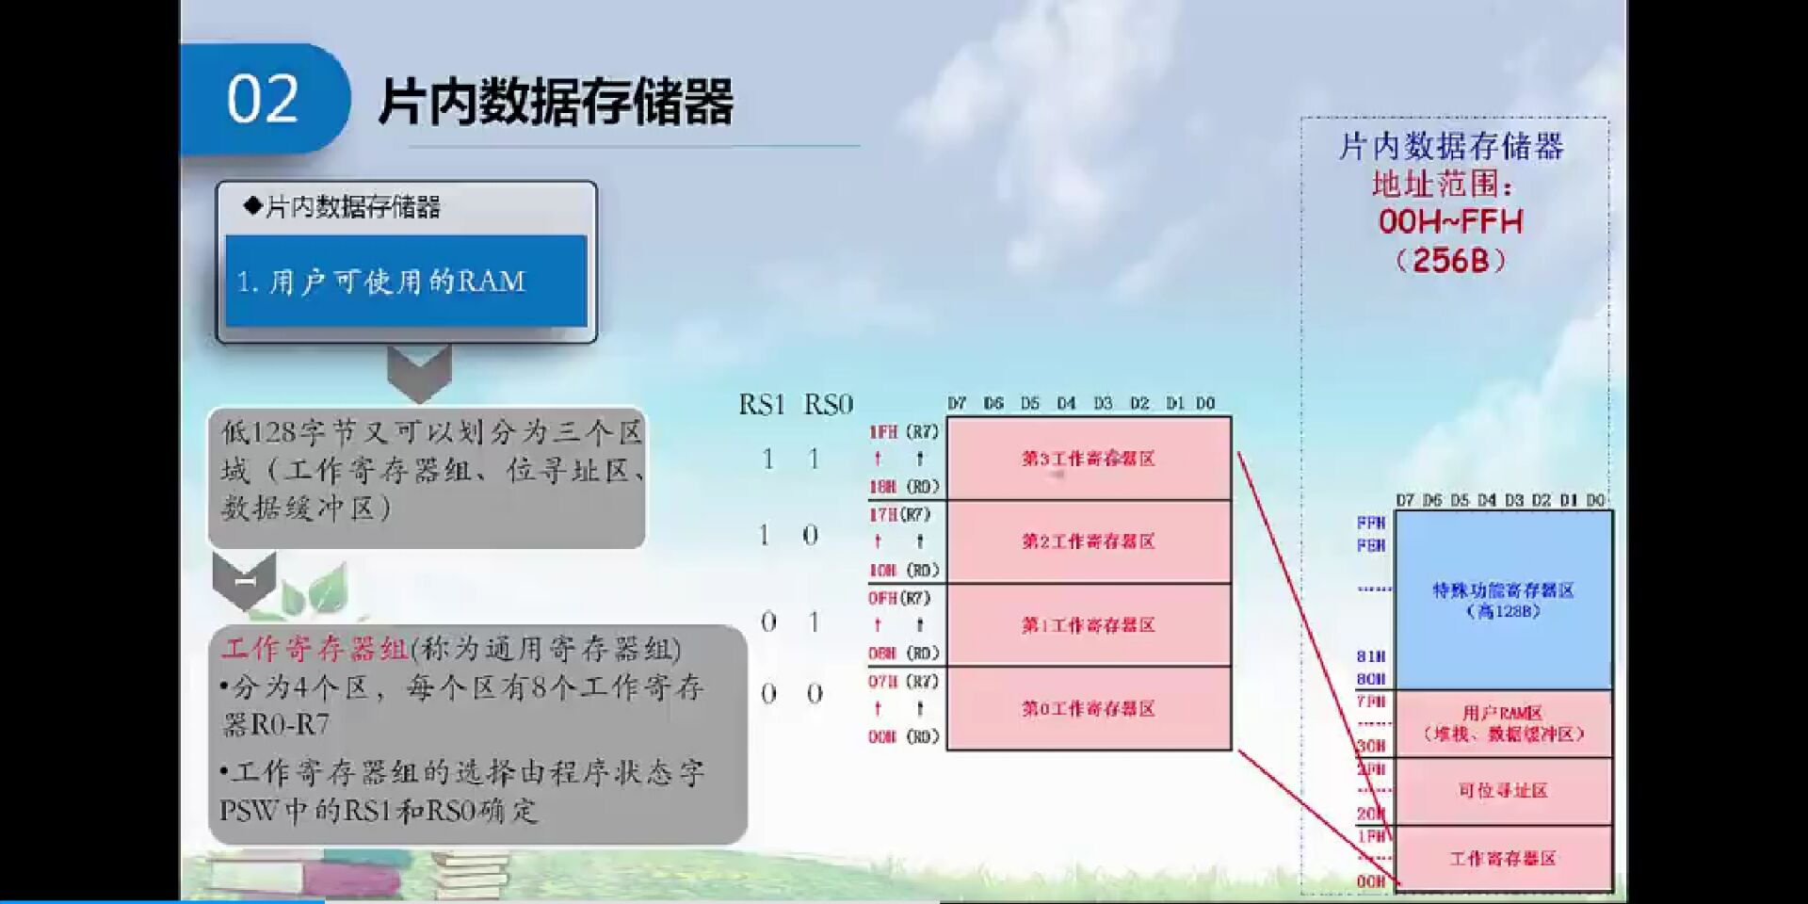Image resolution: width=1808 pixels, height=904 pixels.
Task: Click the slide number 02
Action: point(263,100)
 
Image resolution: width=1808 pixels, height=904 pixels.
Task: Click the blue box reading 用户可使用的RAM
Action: point(406,281)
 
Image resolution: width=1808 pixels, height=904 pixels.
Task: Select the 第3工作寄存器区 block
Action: point(1089,459)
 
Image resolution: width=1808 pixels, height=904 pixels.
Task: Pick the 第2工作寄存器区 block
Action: point(1089,541)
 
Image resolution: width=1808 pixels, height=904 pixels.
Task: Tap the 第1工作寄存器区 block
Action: point(1089,625)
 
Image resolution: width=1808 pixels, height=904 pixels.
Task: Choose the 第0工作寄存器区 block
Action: point(1089,708)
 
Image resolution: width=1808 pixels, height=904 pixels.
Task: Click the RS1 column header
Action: point(762,405)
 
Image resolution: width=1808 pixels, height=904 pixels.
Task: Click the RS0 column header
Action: point(828,405)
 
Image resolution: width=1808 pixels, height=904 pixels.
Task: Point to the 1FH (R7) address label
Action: point(903,432)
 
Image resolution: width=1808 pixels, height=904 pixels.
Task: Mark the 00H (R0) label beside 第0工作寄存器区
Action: point(903,736)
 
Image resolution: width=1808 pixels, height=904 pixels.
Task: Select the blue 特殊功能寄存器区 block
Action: point(1503,600)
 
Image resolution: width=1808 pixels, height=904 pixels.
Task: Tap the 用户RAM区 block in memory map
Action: point(1503,723)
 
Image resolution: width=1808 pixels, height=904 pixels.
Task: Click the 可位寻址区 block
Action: point(1503,790)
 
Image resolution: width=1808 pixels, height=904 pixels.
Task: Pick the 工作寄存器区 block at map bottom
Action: point(1503,858)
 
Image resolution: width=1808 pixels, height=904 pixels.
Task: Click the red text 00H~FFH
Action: point(1450,222)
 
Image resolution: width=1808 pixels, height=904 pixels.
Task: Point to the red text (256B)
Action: point(1450,261)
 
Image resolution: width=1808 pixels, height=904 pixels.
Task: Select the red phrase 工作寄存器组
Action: point(315,649)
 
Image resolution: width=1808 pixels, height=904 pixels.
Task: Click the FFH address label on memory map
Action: point(1371,523)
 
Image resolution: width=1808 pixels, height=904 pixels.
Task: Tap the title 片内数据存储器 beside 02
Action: point(556,102)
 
